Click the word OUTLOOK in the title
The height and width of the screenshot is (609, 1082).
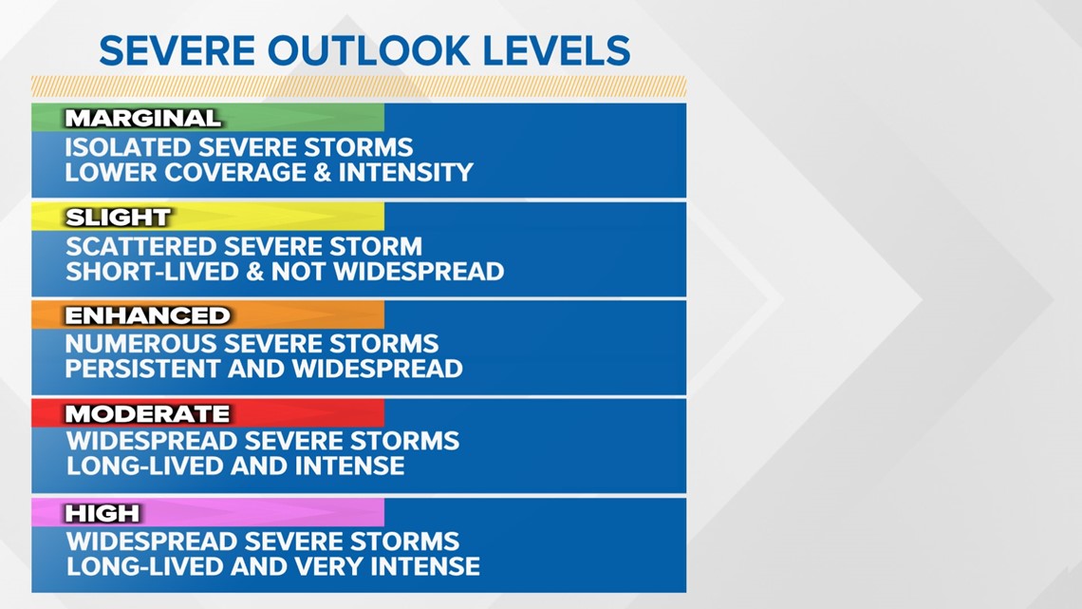[364, 50]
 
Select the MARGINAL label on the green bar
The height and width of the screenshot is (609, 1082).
[142, 119]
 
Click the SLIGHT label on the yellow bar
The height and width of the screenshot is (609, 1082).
[118, 218]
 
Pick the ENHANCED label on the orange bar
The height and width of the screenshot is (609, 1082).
[147, 315]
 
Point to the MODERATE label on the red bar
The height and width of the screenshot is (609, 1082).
[147, 414]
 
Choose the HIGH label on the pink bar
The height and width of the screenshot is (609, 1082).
[103, 514]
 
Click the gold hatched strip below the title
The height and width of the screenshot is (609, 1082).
[359, 86]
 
